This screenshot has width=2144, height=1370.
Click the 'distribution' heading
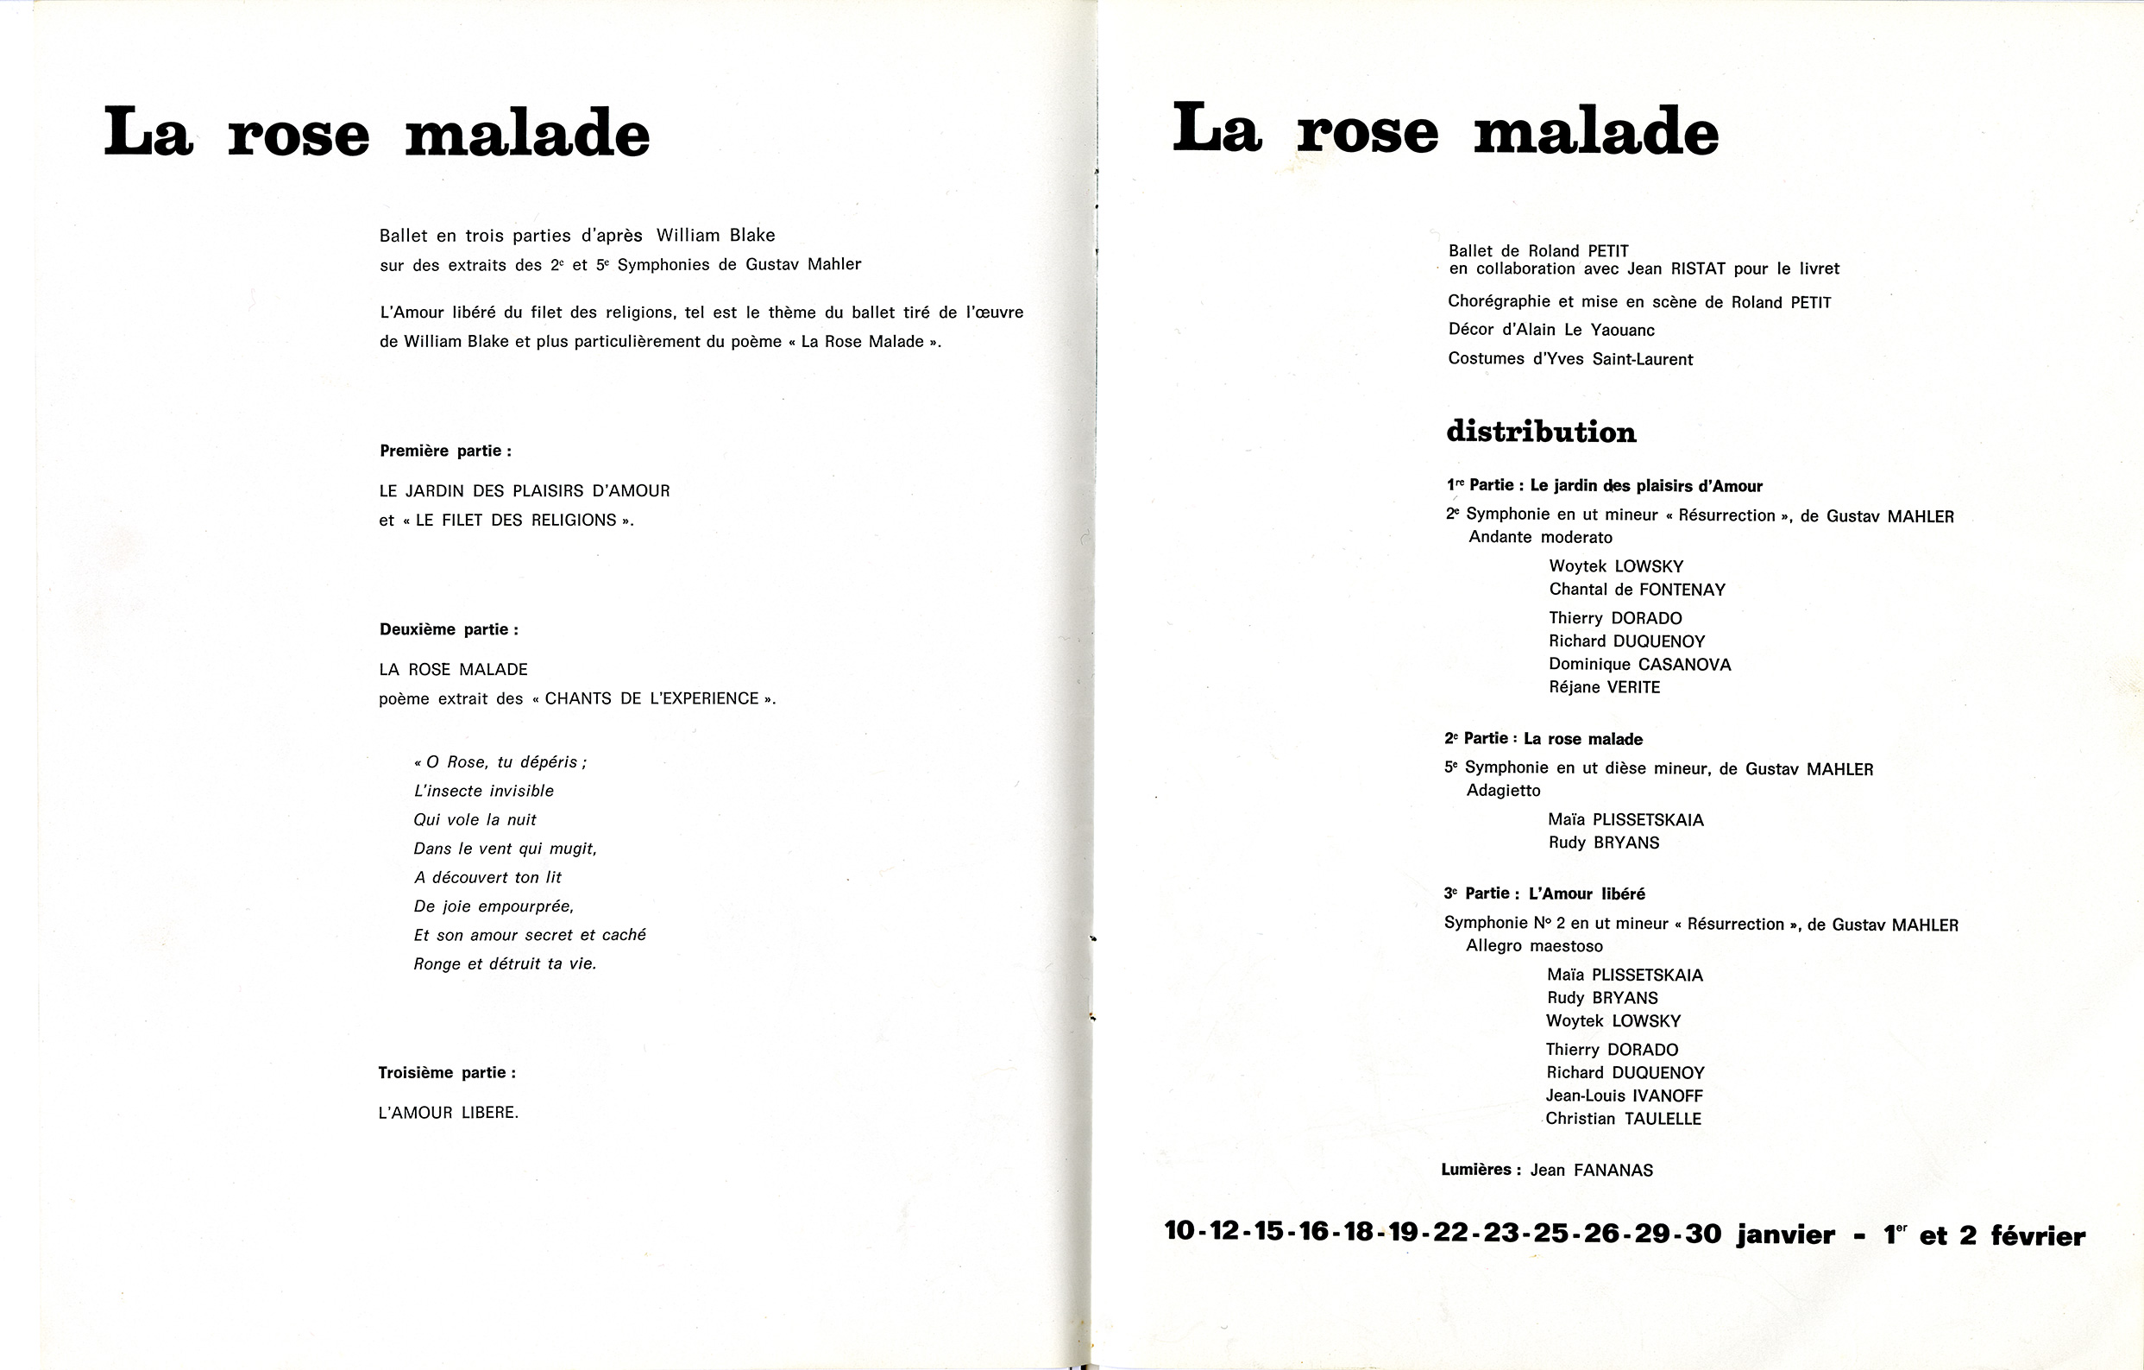tap(1540, 432)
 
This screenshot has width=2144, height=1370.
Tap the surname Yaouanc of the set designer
tap(1621, 331)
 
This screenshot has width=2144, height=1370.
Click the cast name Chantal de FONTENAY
tap(1637, 590)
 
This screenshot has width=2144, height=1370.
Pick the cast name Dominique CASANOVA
tap(1639, 665)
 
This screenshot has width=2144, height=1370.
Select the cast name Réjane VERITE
tap(1604, 688)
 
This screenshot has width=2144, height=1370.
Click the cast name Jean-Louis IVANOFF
tap(1624, 1096)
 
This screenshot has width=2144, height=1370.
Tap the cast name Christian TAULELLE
tap(1623, 1120)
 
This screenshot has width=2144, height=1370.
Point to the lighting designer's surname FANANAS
tap(1613, 1171)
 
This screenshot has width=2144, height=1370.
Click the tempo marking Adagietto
tap(1503, 791)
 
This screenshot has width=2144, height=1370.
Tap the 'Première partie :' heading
tap(445, 451)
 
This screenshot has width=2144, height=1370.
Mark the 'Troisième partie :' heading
tap(447, 1073)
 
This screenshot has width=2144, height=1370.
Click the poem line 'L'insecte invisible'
tap(483, 791)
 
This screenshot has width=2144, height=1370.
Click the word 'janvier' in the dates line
tap(1784, 1235)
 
